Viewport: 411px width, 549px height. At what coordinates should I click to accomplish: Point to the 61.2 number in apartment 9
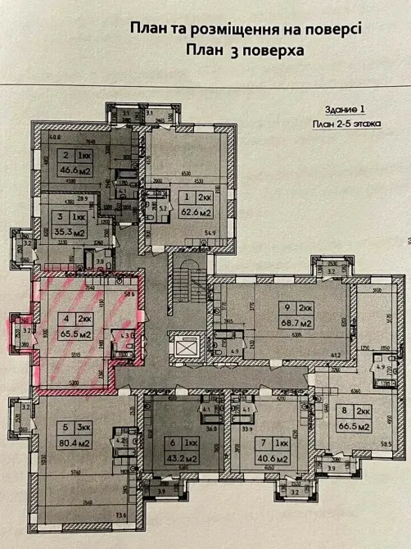click(336, 356)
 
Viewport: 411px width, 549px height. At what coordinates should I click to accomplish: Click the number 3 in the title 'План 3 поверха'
click(222, 49)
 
